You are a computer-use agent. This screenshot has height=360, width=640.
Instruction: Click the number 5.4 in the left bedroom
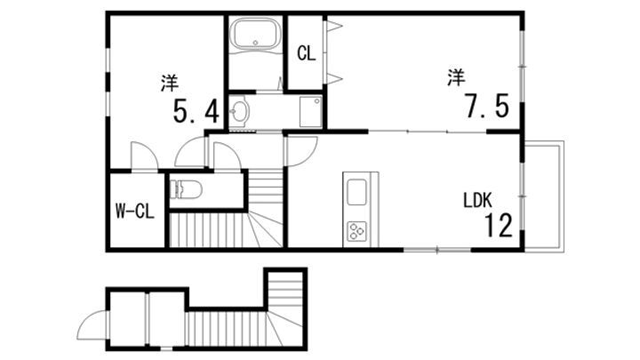(x=195, y=111)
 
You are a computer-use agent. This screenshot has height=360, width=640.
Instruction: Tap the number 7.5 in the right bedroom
(x=484, y=107)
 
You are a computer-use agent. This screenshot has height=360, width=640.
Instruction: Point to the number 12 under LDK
(x=498, y=226)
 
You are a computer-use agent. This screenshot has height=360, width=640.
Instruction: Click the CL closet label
(x=306, y=53)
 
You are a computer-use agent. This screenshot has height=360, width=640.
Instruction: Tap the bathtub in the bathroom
(x=255, y=36)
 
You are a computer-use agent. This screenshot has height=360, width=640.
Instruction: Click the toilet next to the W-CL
(x=188, y=188)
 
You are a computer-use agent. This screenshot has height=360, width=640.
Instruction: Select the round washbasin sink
(x=240, y=112)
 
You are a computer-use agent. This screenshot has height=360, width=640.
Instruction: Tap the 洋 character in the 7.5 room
(x=455, y=78)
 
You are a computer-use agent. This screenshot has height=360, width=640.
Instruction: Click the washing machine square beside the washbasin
(x=309, y=112)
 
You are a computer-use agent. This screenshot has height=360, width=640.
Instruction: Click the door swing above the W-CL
(x=143, y=156)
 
